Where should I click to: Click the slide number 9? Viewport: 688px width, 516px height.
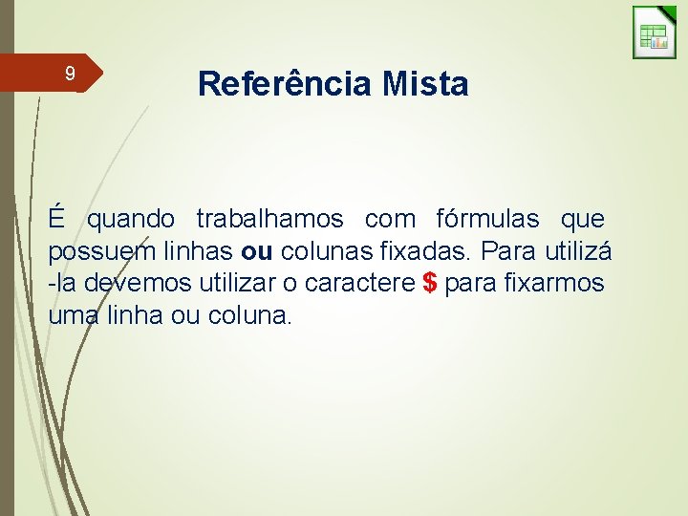click(x=69, y=74)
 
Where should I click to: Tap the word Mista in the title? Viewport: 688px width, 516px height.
click(x=425, y=84)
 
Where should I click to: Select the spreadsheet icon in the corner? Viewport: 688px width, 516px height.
click(x=654, y=33)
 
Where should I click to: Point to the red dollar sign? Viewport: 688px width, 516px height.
click(x=429, y=284)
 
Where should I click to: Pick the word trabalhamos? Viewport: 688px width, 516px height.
click(x=269, y=219)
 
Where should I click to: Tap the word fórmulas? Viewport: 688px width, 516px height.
click(x=484, y=219)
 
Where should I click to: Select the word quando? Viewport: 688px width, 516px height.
click(x=131, y=219)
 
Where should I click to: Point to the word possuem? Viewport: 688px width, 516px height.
click(x=93, y=252)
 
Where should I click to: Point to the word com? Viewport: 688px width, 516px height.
click(x=390, y=219)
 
